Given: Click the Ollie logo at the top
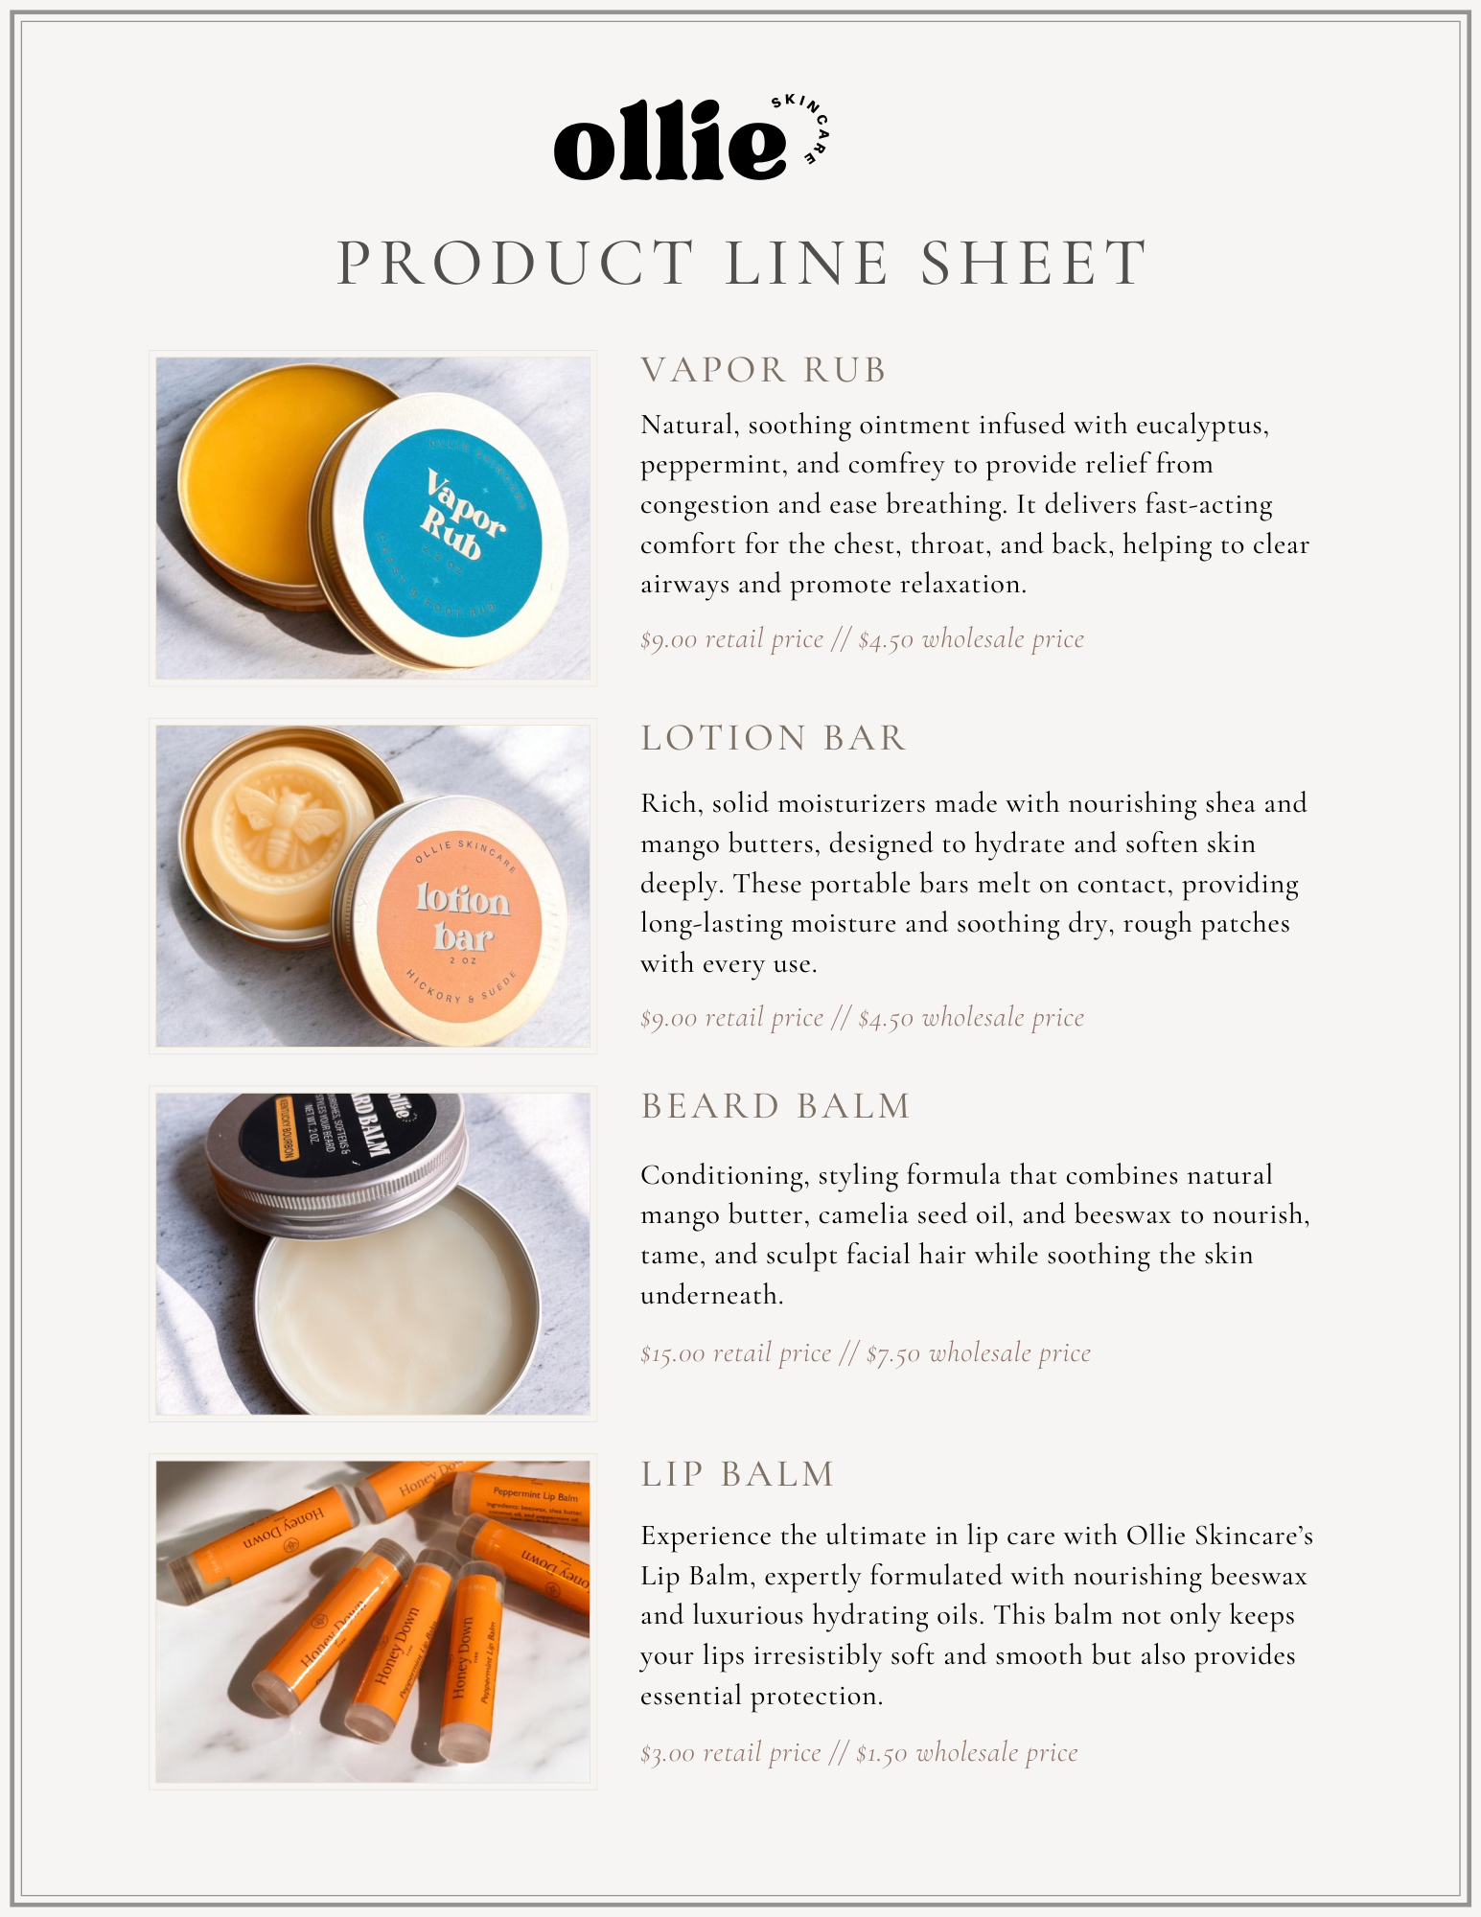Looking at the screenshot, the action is pos(691,139).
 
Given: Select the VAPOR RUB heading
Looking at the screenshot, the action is pos(763,370).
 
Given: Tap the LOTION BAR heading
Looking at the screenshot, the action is pos(773,738).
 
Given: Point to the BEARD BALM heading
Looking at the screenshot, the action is pos(775,1106).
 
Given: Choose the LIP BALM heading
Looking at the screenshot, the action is pos(737,1474).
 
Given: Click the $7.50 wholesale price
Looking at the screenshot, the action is pos(979,1353).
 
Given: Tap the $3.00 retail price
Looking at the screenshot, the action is pos(730,1753).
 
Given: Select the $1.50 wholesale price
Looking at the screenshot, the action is pos(967,1753).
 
